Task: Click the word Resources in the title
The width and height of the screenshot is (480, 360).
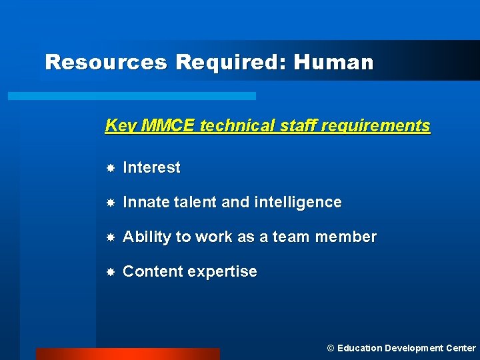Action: pos(105,63)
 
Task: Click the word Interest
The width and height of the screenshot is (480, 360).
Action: pos(152,168)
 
